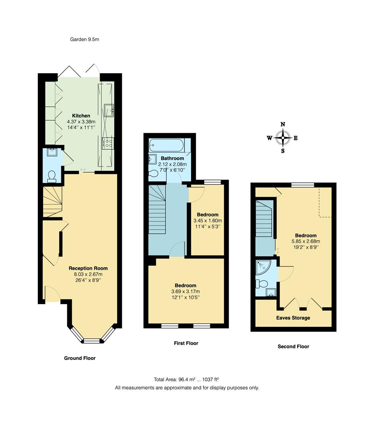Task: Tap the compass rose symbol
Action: click(x=283, y=139)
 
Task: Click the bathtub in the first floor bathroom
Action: click(x=166, y=145)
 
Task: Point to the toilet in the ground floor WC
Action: click(x=51, y=176)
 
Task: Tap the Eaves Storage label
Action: click(x=293, y=318)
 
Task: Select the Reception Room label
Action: click(x=88, y=268)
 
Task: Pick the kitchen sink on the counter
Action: click(x=108, y=109)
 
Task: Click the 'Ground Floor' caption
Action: click(x=80, y=358)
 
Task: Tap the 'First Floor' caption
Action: click(x=186, y=343)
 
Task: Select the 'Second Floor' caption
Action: click(x=293, y=346)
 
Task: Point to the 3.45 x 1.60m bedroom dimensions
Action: click(x=208, y=221)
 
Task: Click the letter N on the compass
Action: click(x=283, y=124)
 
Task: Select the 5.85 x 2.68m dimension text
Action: click(x=305, y=241)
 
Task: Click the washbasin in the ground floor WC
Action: click(x=52, y=152)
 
